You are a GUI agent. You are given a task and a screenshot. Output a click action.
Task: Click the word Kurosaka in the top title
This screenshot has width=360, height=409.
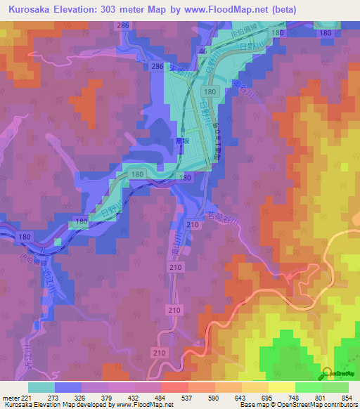(33, 10)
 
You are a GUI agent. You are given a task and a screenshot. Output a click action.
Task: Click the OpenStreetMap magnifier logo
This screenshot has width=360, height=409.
(328, 374)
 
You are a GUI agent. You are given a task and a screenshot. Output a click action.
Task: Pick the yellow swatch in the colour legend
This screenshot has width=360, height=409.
(281, 387)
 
